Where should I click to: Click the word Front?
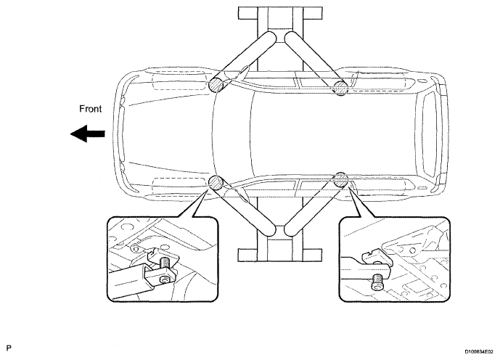tap(91, 110)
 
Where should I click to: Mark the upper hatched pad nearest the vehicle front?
tap(216, 84)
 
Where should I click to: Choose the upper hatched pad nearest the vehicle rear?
tap(340, 89)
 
